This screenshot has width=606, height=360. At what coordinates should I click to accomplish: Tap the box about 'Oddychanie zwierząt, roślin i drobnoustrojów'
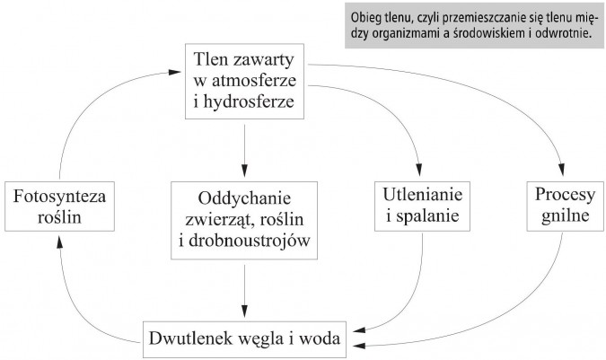(245, 218)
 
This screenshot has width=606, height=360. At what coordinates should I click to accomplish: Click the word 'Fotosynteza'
(54, 195)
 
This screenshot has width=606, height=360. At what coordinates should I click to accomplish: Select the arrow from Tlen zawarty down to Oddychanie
(245, 148)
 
